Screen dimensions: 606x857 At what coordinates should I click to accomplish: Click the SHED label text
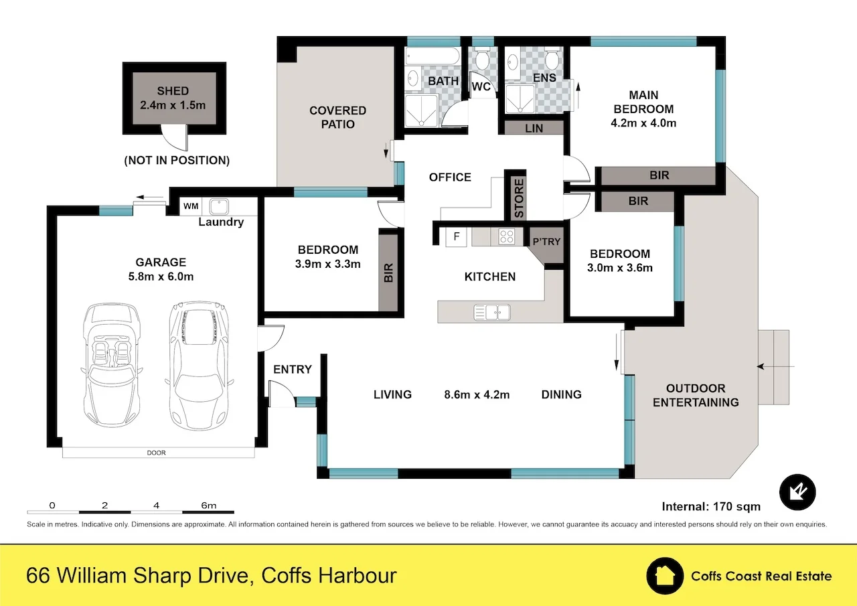[173, 91]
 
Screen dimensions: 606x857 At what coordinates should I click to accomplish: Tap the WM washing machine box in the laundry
[190, 206]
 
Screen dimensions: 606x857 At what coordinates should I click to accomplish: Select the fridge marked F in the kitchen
[457, 237]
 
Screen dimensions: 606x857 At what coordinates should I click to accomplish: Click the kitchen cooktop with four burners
[506, 236]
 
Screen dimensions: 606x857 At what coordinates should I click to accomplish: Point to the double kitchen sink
[492, 311]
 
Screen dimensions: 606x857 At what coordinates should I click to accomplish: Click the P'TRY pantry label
[546, 241]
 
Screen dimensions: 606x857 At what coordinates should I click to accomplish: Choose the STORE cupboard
[519, 198]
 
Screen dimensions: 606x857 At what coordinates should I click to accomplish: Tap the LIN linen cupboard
[534, 128]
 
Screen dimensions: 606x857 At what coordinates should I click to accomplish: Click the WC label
[481, 87]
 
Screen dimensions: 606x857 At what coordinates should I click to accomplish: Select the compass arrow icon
[798, 493]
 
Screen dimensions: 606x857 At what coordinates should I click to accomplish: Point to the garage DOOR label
[157, 453]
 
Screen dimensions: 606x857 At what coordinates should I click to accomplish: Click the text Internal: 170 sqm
[711, 506]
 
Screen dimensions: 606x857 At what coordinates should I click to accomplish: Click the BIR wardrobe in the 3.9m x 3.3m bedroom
[388, 271]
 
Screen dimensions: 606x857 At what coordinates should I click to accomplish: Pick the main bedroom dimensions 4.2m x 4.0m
[643, 123]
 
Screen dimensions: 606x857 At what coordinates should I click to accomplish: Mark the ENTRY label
[293, 370]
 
